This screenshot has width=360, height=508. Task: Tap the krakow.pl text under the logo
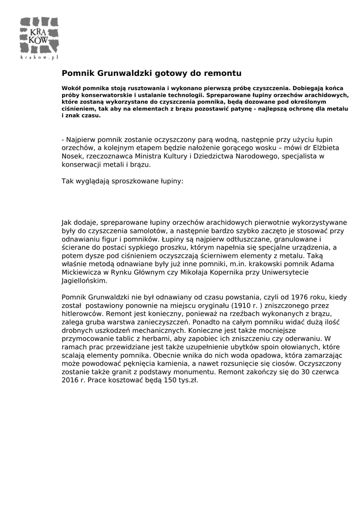tap(40, 58)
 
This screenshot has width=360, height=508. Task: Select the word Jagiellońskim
tap(84, 280)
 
